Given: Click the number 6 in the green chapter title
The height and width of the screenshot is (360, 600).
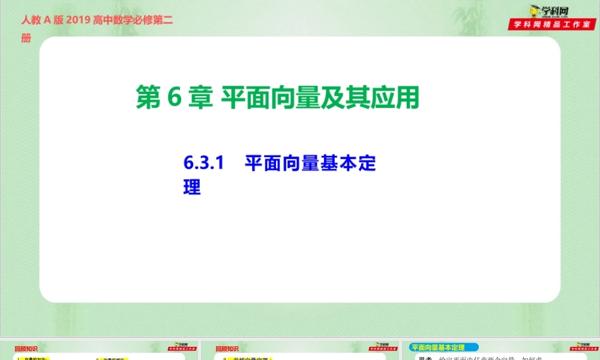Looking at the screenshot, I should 174,98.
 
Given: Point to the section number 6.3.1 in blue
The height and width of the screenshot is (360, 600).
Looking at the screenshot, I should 203,163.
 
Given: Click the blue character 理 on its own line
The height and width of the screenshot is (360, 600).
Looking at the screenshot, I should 191,187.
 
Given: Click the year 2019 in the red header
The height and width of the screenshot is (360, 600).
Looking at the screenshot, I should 77,20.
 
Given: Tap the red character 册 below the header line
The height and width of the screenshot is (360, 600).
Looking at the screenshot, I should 26,38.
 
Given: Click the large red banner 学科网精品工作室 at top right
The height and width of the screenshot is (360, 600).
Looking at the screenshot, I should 553,25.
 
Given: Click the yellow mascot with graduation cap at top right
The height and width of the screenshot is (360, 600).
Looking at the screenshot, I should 533,11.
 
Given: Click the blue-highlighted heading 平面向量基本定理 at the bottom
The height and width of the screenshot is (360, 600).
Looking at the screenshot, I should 439,347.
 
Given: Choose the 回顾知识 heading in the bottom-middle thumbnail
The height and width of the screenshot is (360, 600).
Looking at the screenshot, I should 226,348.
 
